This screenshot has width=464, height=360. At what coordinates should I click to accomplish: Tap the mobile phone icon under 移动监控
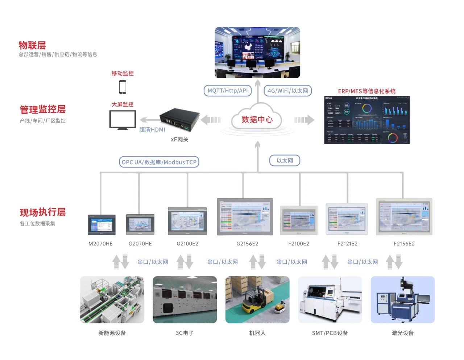(123, 87)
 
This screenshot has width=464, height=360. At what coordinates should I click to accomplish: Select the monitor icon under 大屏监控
(123, 120)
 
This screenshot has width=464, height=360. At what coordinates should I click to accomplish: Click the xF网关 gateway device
(180, 119)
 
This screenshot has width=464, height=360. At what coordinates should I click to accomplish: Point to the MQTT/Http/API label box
(228, 91)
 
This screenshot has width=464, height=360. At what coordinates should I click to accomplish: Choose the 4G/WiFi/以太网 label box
(288, 91)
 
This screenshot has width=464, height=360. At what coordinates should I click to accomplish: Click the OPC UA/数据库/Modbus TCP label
(159, 162)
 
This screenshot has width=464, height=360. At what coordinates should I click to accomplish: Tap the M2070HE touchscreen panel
(101, 225)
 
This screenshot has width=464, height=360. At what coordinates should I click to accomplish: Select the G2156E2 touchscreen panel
(245, 217)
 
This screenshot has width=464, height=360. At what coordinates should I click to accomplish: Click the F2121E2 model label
(347, 244)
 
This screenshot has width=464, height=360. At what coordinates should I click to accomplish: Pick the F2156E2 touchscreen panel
(404, 217)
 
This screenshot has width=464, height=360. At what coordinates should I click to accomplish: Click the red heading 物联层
(32, 45)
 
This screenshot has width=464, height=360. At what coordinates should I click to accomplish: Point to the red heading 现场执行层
(43, 212)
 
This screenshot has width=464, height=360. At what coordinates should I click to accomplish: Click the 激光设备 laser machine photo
(402, 300)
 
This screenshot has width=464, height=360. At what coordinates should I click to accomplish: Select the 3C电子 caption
(185, 333)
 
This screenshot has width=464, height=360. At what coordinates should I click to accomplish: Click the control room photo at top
(257, 53)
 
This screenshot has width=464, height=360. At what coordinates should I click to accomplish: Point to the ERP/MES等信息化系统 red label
(366, 91)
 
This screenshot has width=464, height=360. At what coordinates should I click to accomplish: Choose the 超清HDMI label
(152, 129)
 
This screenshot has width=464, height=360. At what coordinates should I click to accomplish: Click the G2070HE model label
(140, 244)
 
